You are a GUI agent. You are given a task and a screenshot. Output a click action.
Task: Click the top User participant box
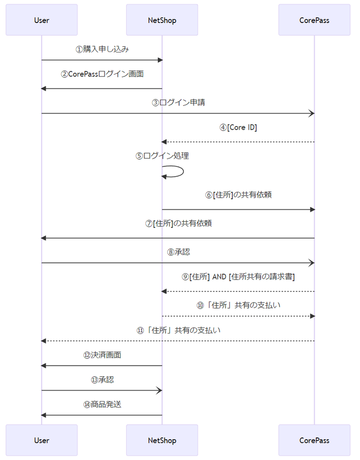[x=41, y=20]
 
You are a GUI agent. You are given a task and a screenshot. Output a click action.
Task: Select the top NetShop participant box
[x=162, y=20]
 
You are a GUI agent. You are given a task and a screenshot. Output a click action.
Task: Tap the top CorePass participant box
[x=314, y=20]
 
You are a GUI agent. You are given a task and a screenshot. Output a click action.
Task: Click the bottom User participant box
[x=41, y=440]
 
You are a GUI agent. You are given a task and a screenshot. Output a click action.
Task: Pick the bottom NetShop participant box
[x=162, y=440]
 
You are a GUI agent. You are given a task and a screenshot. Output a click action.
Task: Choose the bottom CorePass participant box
[x=314, y=440]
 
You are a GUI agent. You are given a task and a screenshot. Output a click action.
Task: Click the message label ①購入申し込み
[x=102, y=49]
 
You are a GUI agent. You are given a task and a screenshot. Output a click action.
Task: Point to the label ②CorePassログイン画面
[x=102, y=74]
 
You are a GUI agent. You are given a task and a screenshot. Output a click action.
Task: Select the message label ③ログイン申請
[x=178, y=103]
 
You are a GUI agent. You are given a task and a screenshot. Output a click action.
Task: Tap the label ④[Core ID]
[x=238, y=127]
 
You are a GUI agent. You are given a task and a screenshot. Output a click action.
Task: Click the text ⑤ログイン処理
[x=162, y=156]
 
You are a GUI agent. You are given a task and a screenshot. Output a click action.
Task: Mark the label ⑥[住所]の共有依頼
[x=238, y=195]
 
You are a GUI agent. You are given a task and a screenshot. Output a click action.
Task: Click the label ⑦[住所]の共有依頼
[x=178, y=224]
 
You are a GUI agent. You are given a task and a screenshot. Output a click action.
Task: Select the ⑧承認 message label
[x=178, y=252]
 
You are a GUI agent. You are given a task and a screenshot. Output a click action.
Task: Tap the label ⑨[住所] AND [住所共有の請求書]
[x=238, y=277]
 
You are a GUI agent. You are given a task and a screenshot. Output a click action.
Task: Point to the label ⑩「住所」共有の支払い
[x=238, y=305]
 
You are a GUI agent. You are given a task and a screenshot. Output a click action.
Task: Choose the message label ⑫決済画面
[x=102, y=355]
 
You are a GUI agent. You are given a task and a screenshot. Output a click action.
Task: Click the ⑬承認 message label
[x=102, y=380]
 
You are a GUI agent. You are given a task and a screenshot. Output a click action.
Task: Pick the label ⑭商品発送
[x=102, y=405]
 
